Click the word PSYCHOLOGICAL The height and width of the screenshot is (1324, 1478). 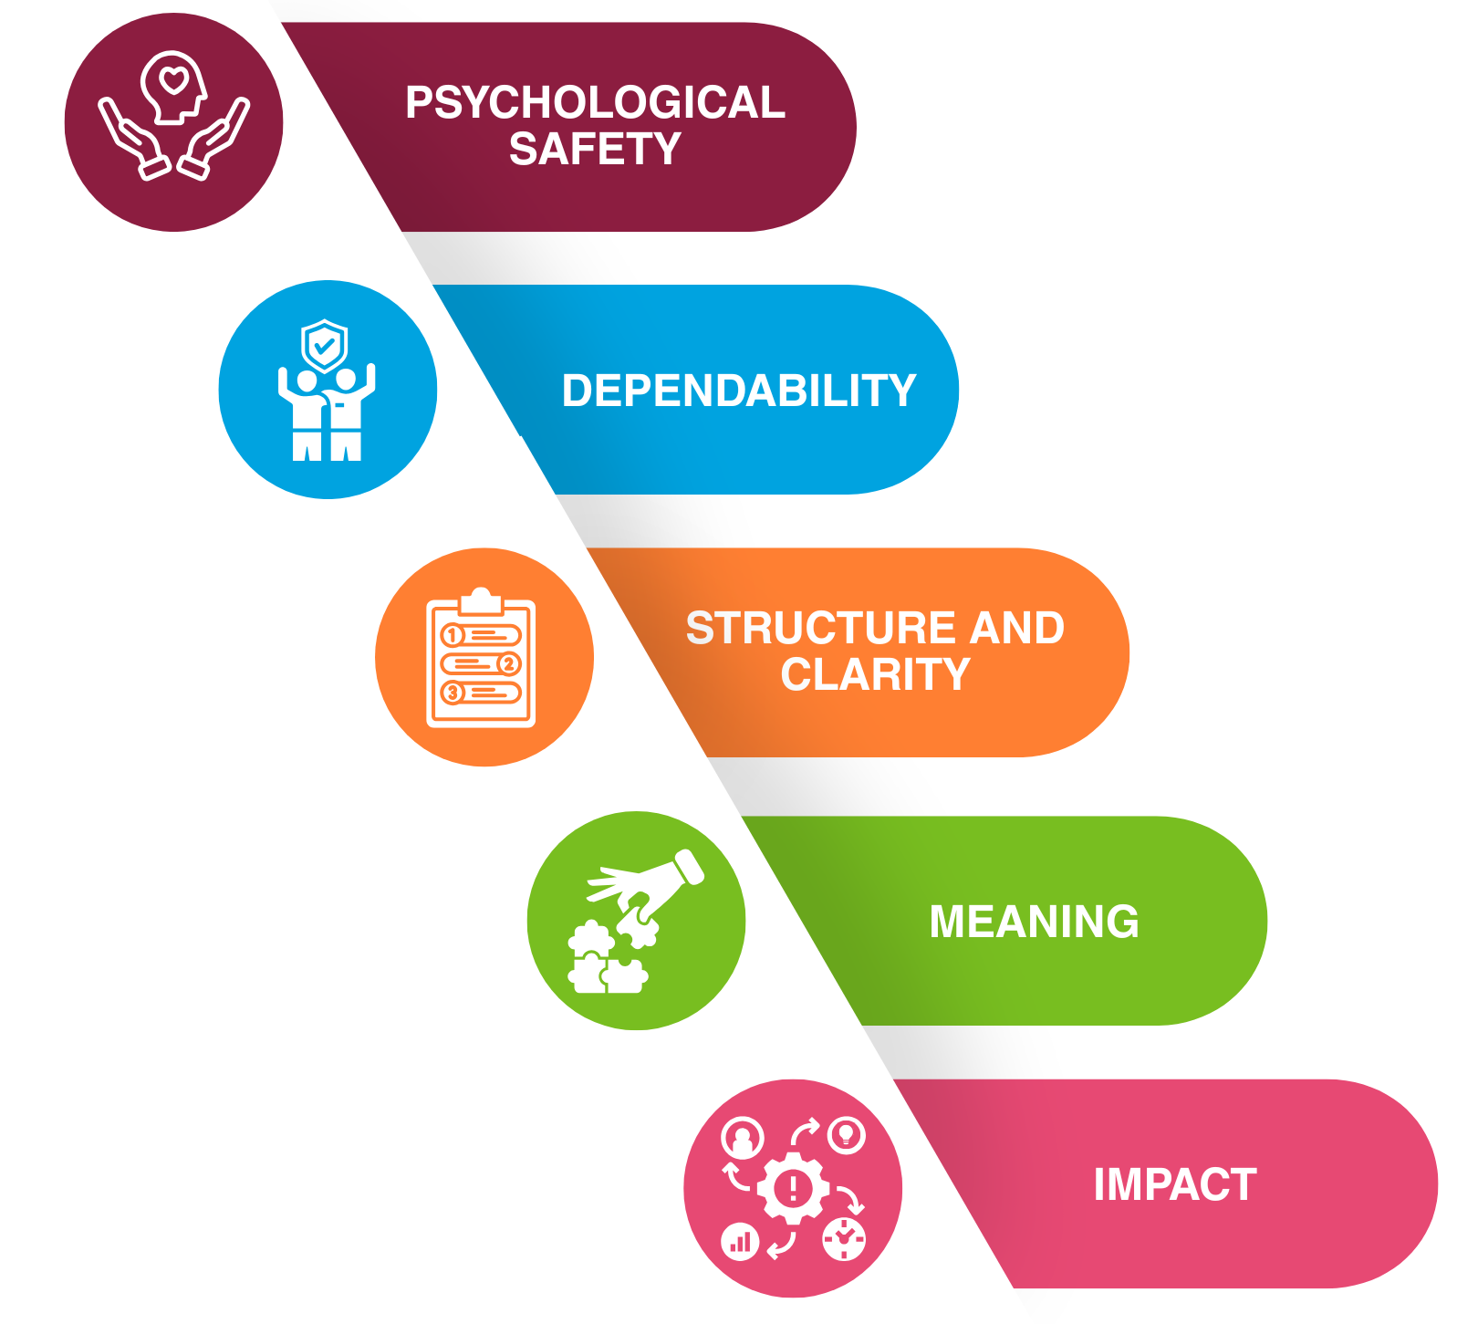coord(595,102)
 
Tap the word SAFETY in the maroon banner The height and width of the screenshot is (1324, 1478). coord(595,149)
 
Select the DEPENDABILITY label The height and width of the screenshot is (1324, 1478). coord(739,391)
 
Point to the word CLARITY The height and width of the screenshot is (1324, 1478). coord(875,675)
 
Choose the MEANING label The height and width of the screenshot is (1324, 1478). coord(1034,922)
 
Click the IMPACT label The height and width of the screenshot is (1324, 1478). coord(1174,1184)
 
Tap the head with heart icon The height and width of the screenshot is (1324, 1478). coord(173,86)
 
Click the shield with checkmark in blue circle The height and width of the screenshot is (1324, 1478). coord(324,345)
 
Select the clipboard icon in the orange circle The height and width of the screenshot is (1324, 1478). coord(481,659)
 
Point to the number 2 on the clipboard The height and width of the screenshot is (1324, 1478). coord(509,664)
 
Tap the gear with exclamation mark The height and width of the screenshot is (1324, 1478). coord(793,1188)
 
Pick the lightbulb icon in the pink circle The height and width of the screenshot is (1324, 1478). coord(847,1135)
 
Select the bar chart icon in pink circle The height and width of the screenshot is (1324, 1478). coord(740,1242)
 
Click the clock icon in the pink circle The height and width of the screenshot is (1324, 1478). coord(845,1239)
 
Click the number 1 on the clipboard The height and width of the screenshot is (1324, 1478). coord(453,635)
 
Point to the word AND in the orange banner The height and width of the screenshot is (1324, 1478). coord(1016,629)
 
